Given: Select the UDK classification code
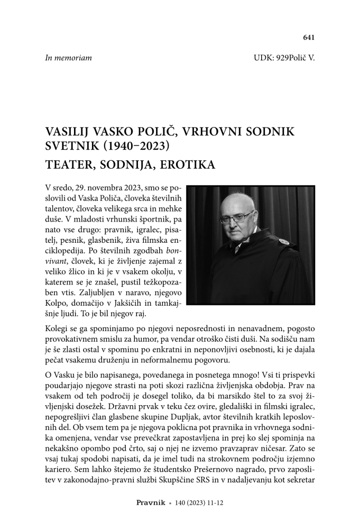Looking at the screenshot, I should pos(284,58).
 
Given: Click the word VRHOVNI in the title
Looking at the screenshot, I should pos(205,130).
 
